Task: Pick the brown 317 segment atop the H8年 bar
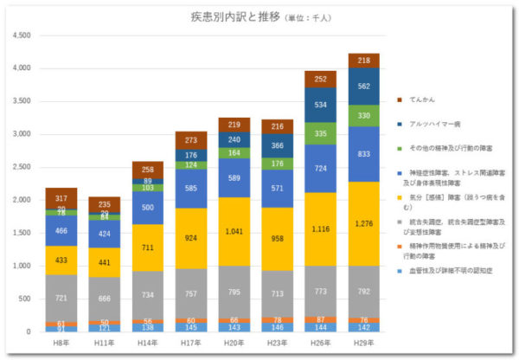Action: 61,198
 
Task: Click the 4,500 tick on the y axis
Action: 22,35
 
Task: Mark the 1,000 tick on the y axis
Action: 22,267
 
